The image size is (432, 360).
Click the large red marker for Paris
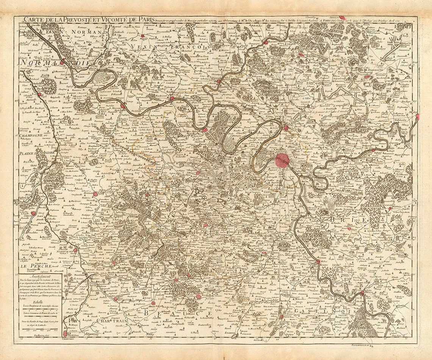coord(283,160)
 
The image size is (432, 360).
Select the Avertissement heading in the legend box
coord(42,276)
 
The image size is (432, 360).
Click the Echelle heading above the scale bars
coord(39,302)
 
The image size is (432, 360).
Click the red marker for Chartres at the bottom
coord(65,333)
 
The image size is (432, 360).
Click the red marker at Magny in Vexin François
coord(143,37)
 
